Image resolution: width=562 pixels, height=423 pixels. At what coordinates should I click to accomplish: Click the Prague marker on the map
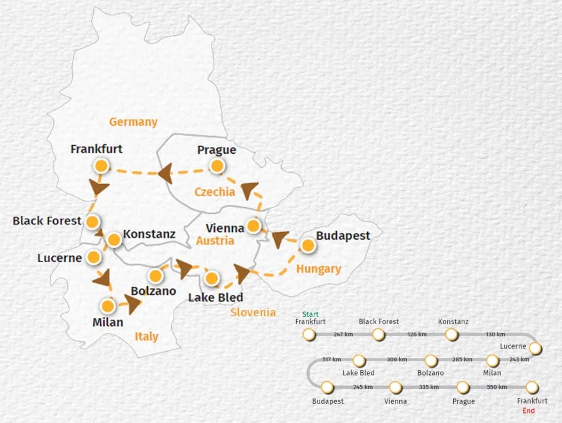(217, 166)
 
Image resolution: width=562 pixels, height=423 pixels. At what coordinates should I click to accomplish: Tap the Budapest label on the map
(343, 236)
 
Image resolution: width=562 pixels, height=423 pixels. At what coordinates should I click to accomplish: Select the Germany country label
(133, 122)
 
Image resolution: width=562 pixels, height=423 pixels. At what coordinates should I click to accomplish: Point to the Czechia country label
(215, 192)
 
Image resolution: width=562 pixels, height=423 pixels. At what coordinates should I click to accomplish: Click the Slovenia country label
(253, 312)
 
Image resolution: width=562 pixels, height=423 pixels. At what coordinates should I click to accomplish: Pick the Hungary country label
(319, 269)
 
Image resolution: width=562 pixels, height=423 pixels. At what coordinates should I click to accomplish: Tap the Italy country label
(146, 336)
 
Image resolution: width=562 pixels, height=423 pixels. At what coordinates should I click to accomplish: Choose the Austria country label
(215, 241)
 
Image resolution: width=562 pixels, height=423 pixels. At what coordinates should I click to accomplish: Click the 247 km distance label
(342, 334)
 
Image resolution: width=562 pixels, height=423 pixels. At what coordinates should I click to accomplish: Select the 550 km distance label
(496, 387)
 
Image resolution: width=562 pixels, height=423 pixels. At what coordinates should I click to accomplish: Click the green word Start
(311, 314)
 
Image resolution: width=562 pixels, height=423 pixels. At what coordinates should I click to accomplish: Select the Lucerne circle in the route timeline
(535, 348)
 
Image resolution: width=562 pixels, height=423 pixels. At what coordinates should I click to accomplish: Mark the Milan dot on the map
(108, 306)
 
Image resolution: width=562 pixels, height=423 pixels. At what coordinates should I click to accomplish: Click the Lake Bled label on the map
(215, 297)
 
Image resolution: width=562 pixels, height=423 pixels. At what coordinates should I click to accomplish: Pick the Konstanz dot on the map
(114, 240)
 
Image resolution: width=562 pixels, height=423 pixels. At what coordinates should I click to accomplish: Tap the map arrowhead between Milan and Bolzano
(133, 303)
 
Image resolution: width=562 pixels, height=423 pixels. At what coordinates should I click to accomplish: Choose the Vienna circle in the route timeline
(395, 387)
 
